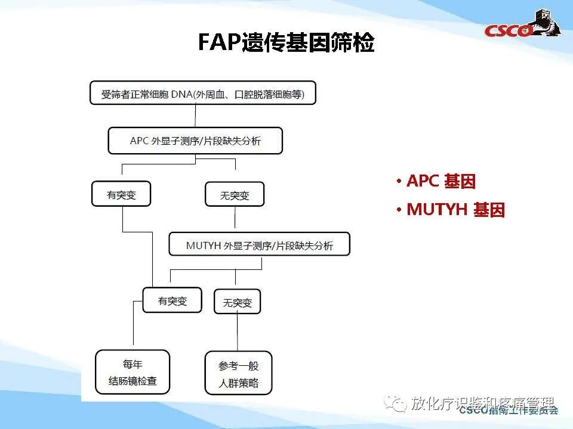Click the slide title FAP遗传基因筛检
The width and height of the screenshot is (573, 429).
(x=286, y=42)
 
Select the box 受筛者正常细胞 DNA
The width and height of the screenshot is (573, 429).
(x=202, y=94)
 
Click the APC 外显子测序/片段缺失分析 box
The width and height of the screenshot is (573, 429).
(x=195, y=141)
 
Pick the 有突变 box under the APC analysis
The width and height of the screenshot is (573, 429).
(x=121, y=195)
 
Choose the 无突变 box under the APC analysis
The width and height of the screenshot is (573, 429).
(x=234, y=195)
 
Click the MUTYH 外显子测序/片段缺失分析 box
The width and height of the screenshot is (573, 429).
(x=259, y=245)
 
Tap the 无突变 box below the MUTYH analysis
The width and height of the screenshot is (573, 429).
(x=237, y=302)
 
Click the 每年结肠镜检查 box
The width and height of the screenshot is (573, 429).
(x=133, y=372)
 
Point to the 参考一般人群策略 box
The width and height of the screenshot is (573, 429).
(x=238, y=374)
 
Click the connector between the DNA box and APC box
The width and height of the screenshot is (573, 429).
(x=196, y=116)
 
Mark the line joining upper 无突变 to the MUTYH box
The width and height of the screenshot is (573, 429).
(x=235, y=220)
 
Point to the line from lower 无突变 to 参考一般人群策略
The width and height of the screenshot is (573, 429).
(x=238, y=332)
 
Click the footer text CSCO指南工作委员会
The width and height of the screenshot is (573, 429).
(x=508, y=411)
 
